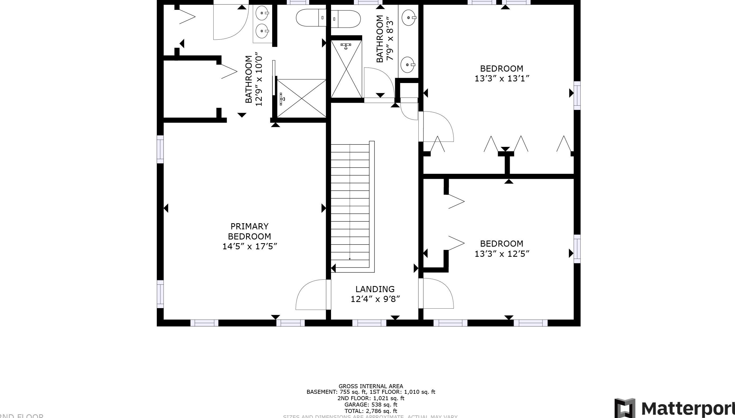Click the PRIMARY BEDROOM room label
250,231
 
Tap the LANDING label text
375,289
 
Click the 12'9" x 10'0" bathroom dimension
259,79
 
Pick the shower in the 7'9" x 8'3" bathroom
346,69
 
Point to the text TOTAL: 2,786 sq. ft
371,411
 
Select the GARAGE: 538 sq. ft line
371,404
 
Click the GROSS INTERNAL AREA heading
371,386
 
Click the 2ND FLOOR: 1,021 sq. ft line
371,398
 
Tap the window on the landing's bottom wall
369,323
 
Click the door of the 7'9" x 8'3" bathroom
379,83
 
